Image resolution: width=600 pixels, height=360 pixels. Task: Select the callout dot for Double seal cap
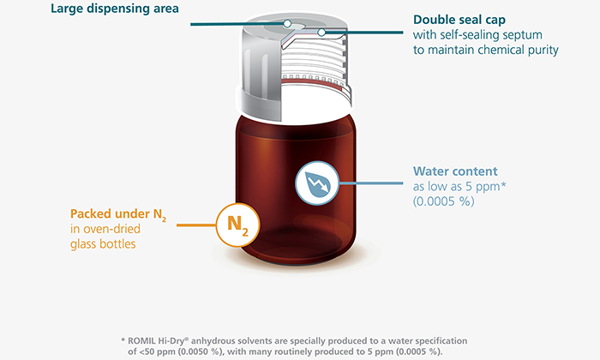click(322, 33)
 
